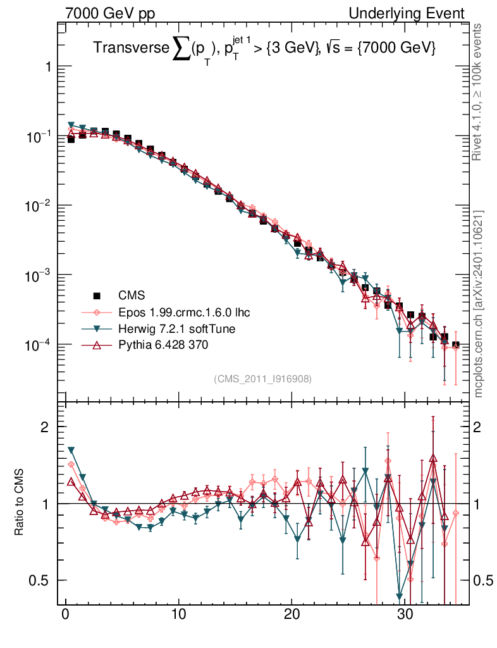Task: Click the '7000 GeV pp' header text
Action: [110, 13]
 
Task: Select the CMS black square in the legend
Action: [97, 295]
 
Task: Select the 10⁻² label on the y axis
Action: [40, 205]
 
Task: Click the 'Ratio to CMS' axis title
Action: [20, 503]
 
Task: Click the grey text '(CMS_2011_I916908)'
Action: [262, 378]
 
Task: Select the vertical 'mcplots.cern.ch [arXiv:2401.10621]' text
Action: [479, 304]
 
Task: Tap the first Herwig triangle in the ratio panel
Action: [71, 450]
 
